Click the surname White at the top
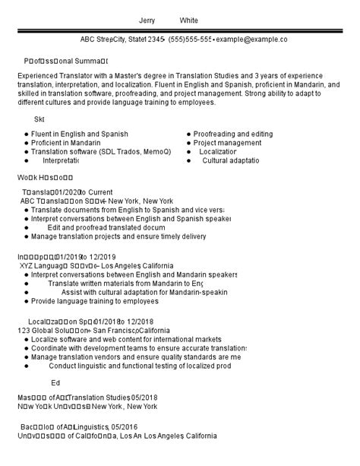pyautogui.click(x=189, y=21)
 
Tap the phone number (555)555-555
pyautogui.click(x=190, y=39)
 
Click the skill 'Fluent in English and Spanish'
pyautogui.click(x=80, y=133)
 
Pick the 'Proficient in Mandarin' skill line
pyautogui.click(x=69, y=142)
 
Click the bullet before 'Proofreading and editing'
pyautogui.click(x=188, y=133)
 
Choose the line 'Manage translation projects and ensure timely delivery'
pyautogui.click(x=118, y=236)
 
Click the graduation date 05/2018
pyautogui.click(x=144, y=397)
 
